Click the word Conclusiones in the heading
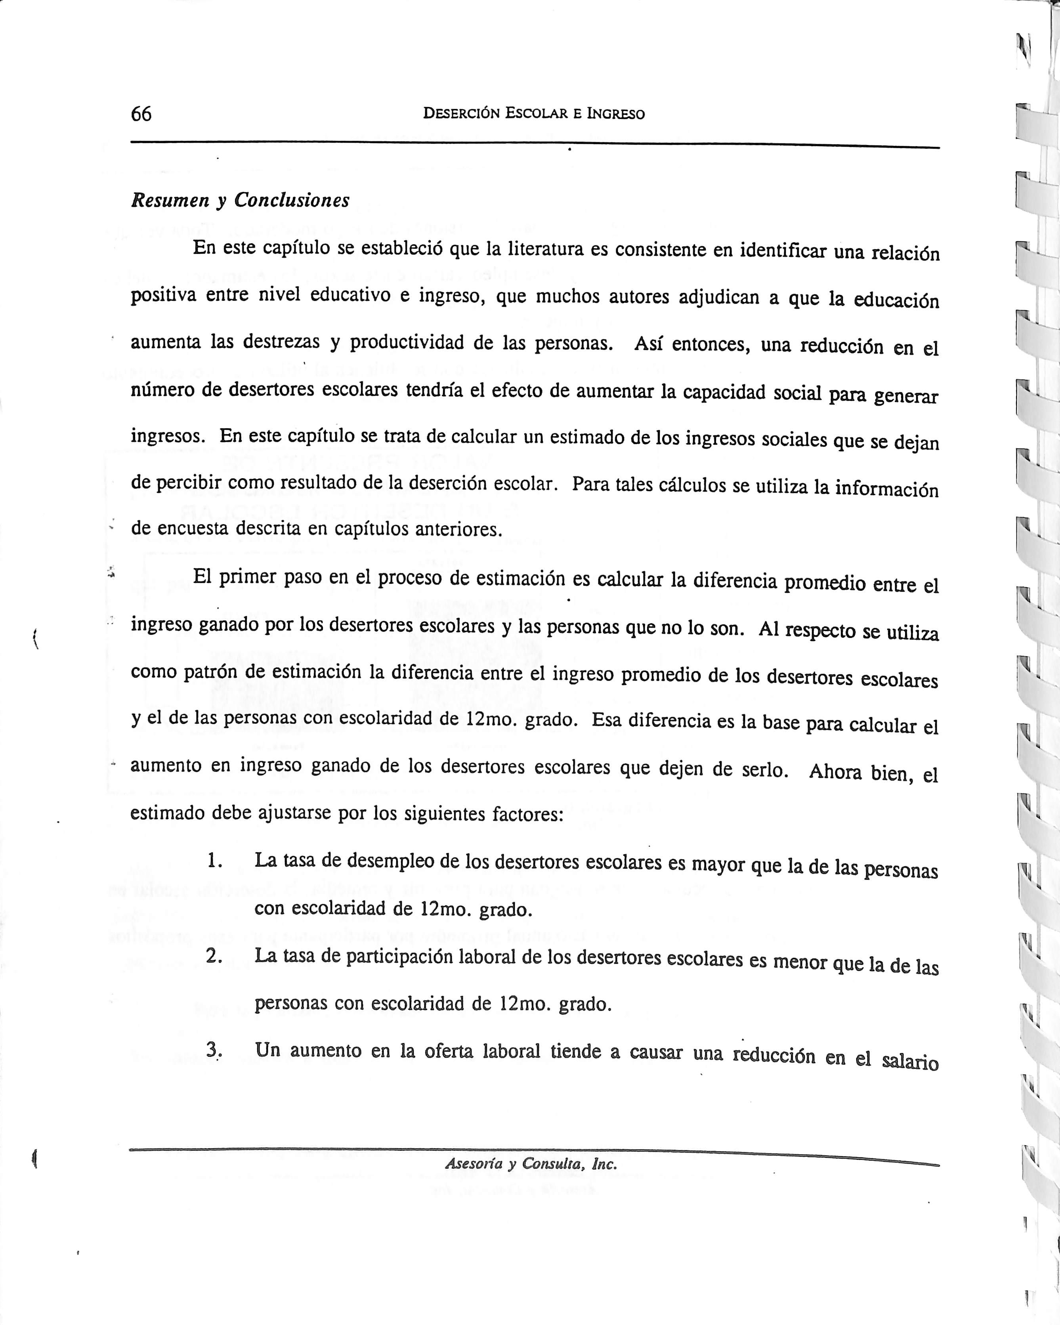click(x=292, y=200)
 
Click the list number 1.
click(x=214, y=861)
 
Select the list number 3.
click(x=213, y=1051)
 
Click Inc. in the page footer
click(x=604, y=1164)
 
